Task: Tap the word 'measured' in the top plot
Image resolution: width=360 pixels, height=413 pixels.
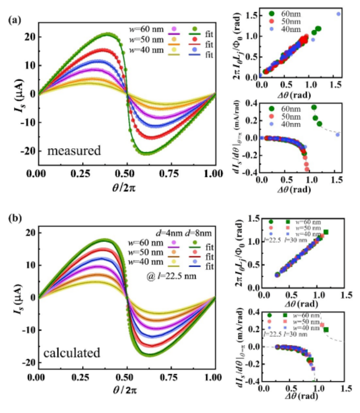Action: tap(74, 151)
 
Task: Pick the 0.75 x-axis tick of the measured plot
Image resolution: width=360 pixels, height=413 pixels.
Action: tap(170, 174)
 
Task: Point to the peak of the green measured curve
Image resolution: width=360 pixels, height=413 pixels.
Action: tap(108, 34)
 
